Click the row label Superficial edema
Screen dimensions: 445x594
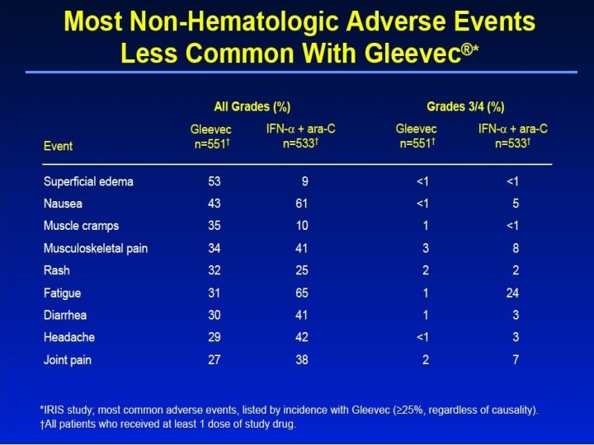pos(88,181)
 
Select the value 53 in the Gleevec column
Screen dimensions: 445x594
pos(214,181)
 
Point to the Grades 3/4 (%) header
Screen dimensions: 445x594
pos(465,107)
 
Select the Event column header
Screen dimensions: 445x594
pos(58,146)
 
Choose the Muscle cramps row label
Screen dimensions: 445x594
pos(81,226)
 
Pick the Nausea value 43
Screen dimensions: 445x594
pos(214,204)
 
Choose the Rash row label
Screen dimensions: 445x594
pos(57,270)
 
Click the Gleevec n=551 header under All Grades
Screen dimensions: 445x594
pos(211,136)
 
